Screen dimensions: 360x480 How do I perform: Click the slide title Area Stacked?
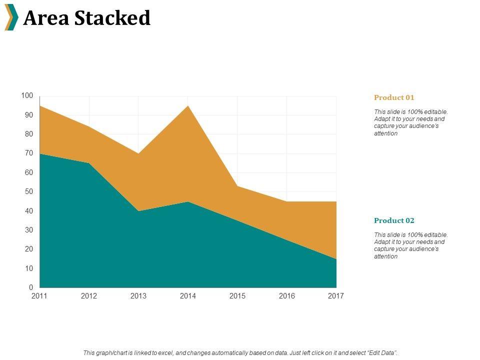click(86, 18)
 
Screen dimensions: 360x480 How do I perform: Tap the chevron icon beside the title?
click(11, 17)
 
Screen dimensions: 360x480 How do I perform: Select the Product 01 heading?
click(394, 97)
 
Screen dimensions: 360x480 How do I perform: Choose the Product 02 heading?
click(394, 220)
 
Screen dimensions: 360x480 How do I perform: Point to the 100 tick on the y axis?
click(27, 95)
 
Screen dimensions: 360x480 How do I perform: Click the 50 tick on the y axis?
click(29, 191)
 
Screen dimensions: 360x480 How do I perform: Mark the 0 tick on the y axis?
click(30, 287)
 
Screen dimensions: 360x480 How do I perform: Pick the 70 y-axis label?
click(29, 153)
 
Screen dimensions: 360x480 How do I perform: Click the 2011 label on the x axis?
click(39, 296)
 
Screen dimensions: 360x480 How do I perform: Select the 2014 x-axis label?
click(188, 296)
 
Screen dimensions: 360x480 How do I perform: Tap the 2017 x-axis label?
click(336, 296)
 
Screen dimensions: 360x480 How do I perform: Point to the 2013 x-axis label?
click(138, 296)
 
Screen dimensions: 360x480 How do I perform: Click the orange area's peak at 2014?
click(188, 106)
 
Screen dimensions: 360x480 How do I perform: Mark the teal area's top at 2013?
click(138, 211)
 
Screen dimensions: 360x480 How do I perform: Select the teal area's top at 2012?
click(89, 163)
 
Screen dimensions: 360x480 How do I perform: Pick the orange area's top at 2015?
click(237, 186)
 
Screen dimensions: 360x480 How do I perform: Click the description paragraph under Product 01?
click(410, 123)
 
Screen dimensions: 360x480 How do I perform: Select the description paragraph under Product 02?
click(410, 245)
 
